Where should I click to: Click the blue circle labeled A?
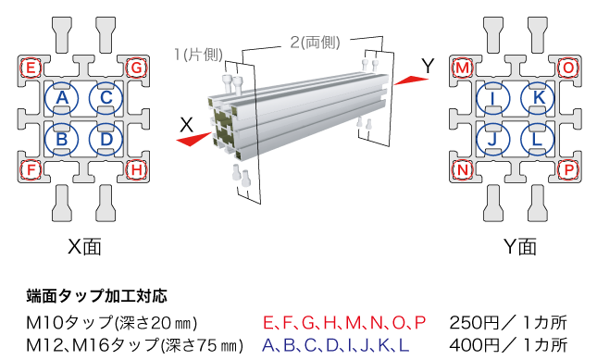click(63, 97)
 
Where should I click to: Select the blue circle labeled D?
click(106, 140)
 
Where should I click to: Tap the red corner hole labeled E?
click(32, 68)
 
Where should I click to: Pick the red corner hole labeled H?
click(137, 169)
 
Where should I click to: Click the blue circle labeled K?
click(539, 97)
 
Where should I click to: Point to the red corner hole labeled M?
click(464, 68)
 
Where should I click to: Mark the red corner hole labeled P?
click(568, 169)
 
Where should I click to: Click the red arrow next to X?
click(197, 138)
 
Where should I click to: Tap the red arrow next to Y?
click(408, 81)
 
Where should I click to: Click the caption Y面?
click(519, 246)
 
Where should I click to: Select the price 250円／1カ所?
click(507, 323)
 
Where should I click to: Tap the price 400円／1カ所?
click(507, 345)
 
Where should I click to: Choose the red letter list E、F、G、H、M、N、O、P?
click(344, 323)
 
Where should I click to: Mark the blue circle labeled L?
click(539, 140)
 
